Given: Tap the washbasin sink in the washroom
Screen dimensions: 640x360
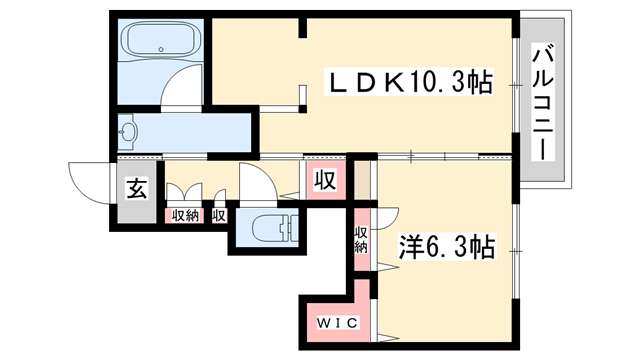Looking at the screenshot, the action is (x=129, y=131).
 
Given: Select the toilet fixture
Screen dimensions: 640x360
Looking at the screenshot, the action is (x=264, y=226).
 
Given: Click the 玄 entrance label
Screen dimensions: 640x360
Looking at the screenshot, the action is (x=134, y=187).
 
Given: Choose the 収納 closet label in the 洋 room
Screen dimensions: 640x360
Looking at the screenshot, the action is (x=360, y=239).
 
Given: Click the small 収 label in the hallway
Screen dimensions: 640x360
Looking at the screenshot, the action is (x=218, y=214).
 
